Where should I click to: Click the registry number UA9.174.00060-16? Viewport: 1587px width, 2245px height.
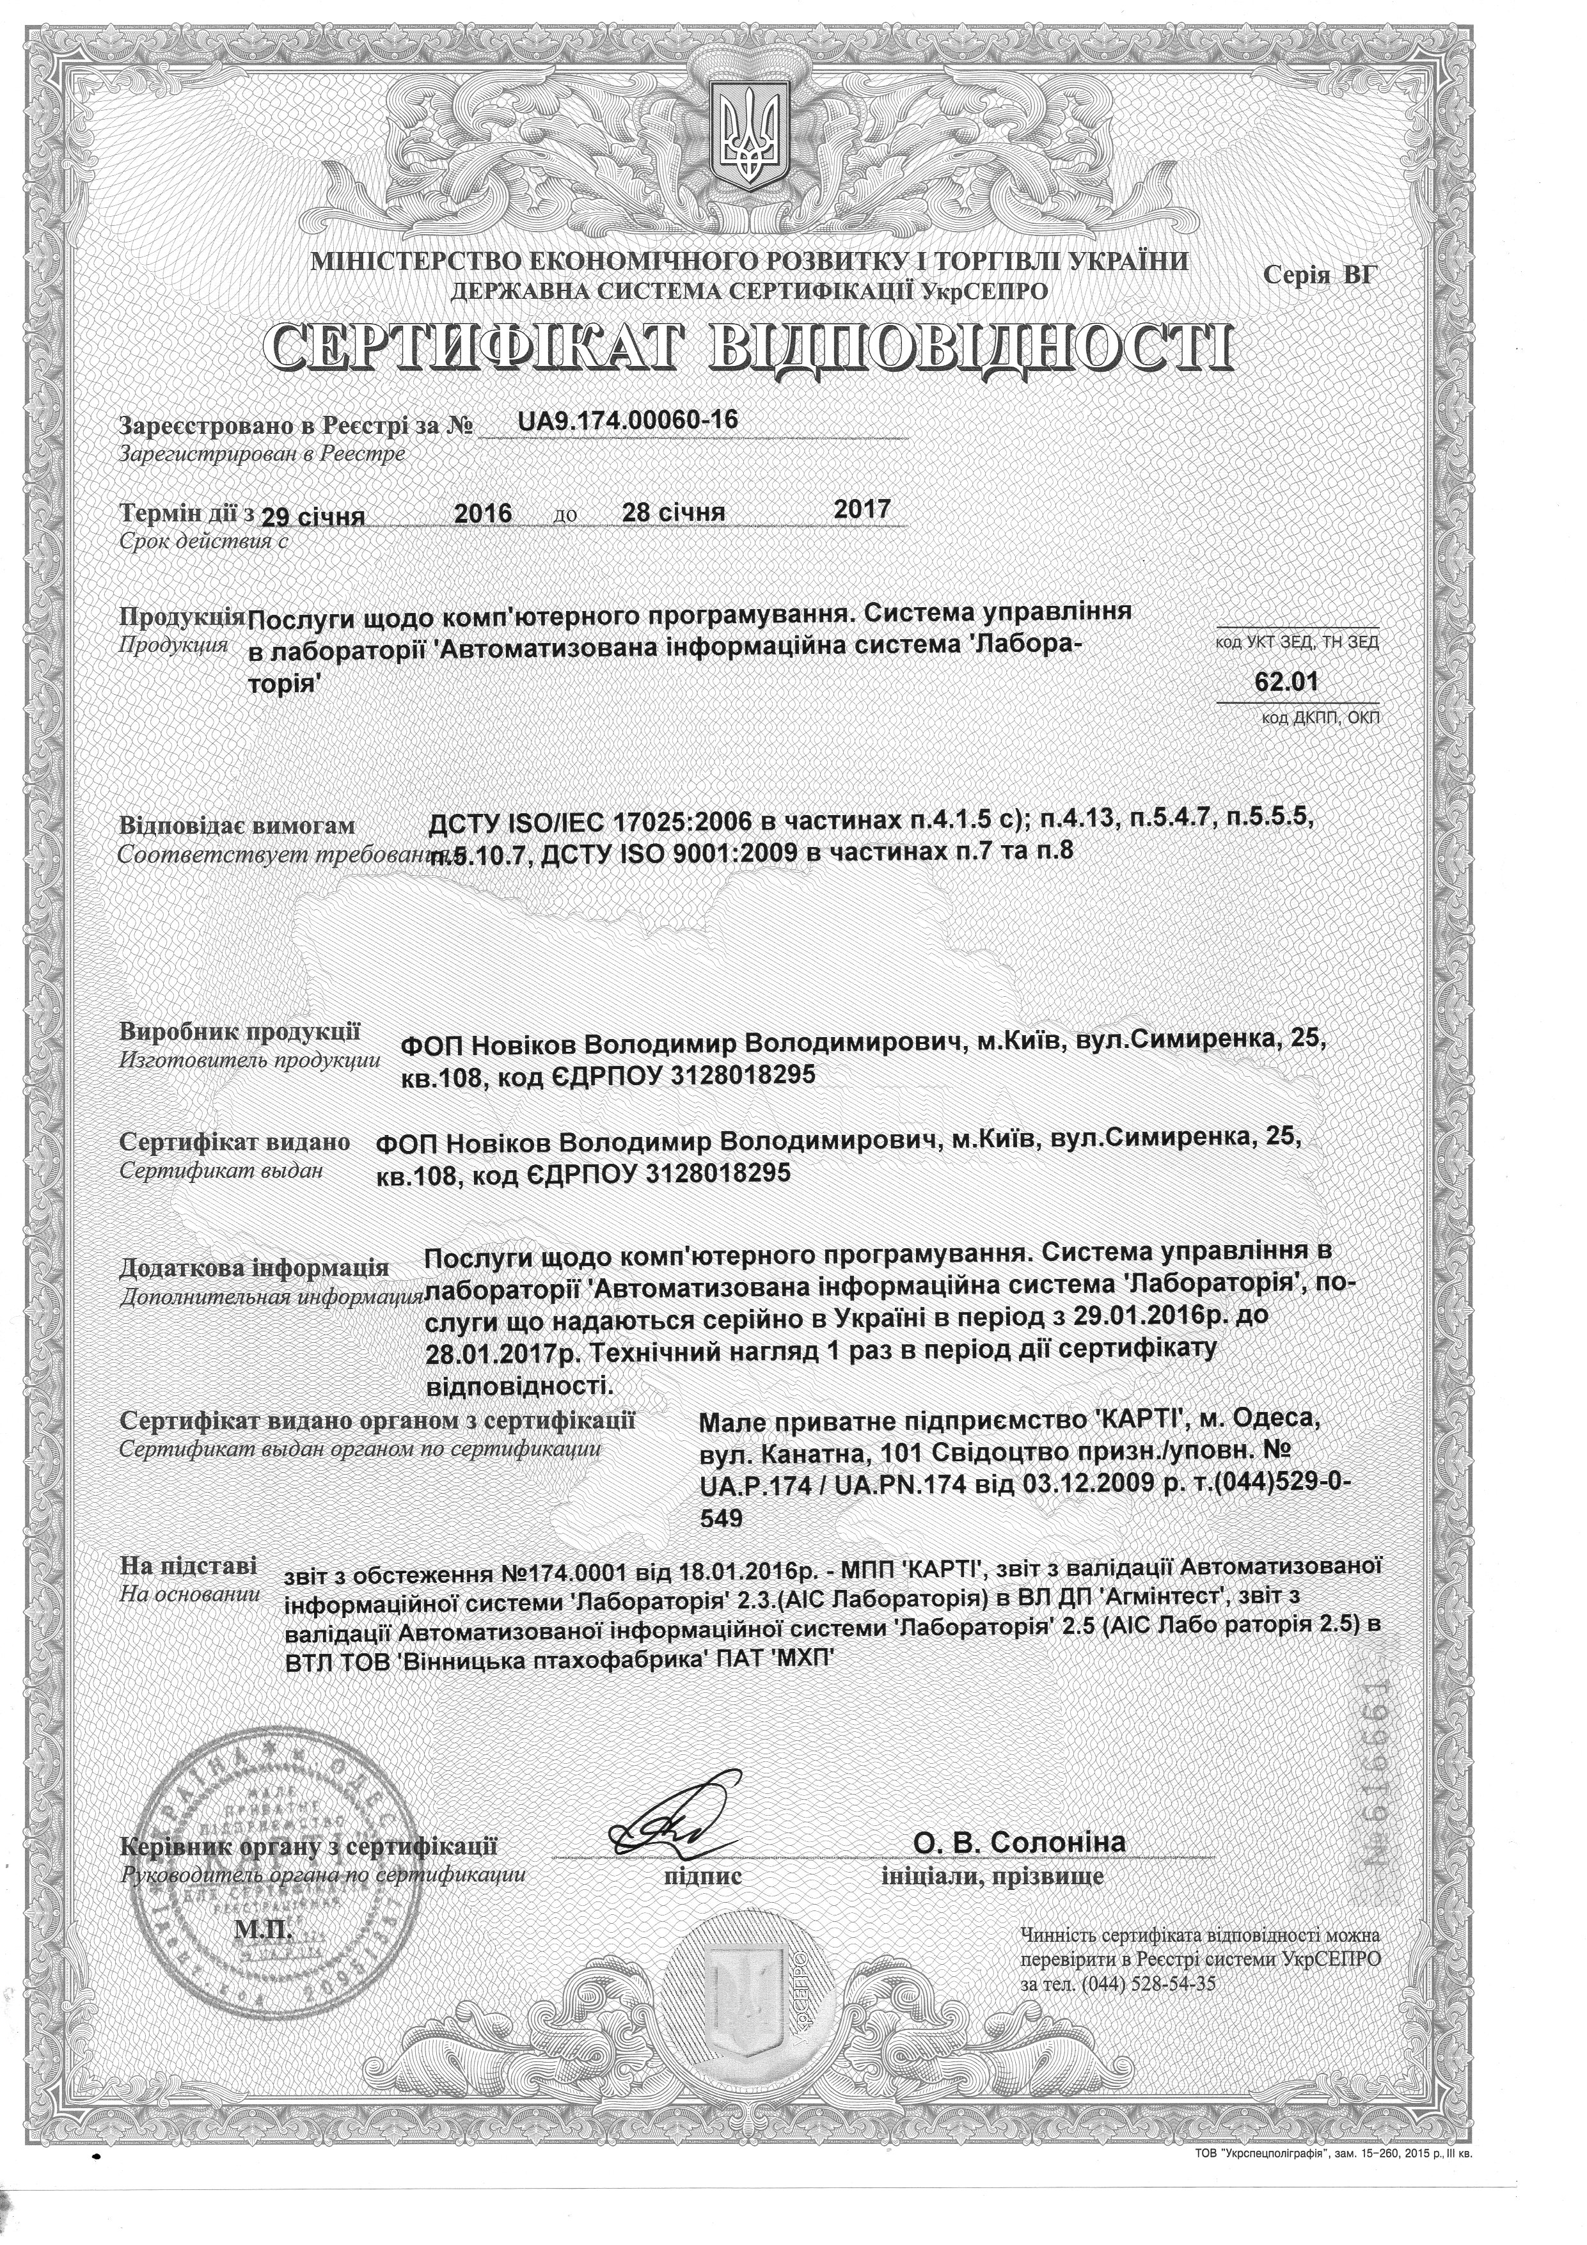pyautogui.click(x=628, y=420)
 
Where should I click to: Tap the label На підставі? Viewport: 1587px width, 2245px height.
pyautogui.click(x=189, y=1566)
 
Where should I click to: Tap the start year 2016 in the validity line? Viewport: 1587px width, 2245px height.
pyautogui.click(x=485, y=513)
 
